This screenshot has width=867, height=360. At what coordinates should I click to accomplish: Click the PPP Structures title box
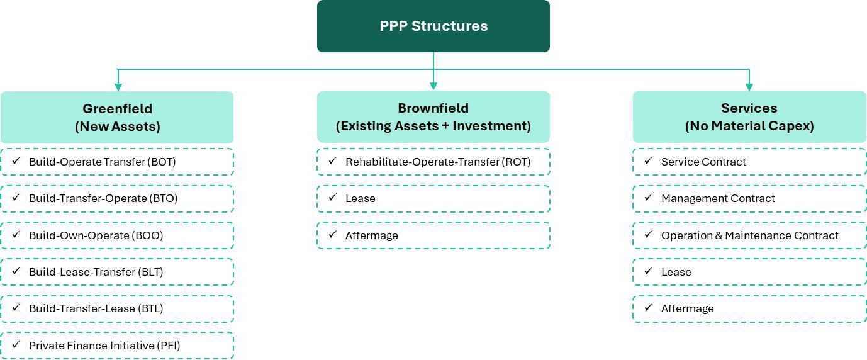click(x=433, y=26)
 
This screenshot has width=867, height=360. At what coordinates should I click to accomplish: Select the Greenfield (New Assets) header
click(x=117, y=117)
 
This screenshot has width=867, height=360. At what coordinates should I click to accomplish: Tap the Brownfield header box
click(x=433, y=116)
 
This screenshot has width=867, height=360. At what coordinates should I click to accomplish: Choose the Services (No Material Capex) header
click(x=749, y=116)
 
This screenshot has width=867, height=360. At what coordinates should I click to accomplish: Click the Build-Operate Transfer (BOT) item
click(x=117, y=162)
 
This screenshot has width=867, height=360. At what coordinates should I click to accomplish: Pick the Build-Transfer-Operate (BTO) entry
click(x=117, y=199)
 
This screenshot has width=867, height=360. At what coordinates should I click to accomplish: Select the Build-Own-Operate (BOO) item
click(x=117, y=235)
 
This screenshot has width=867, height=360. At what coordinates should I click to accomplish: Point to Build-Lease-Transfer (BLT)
click(x=117, y=272)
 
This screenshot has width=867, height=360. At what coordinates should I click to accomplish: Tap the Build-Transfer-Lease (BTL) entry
click(x=117, y=308)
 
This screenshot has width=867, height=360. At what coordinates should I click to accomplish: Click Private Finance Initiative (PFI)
click(x=117, y=346)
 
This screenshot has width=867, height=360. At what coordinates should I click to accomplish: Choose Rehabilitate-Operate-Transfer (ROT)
click(x=433, y=162)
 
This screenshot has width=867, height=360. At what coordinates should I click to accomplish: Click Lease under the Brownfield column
click(x=433, y=199)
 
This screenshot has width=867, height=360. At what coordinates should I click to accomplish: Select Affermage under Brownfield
click(x=433, y=235)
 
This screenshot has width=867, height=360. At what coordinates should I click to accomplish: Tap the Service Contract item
click(x=749, y=162)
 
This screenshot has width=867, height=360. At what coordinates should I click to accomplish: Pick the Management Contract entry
click(x=749, y=199)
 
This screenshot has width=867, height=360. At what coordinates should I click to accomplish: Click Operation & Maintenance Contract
click(x=749, y=235)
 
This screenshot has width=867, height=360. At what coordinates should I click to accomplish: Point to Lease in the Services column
click(x=749, y=272)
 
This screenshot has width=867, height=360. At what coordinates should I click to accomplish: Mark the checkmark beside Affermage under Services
click(x=649, y=308)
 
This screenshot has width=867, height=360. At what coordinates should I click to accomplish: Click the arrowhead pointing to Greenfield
click(x=118, y=87)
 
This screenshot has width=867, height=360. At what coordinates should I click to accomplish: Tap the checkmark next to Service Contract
click(x=649, y=161)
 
